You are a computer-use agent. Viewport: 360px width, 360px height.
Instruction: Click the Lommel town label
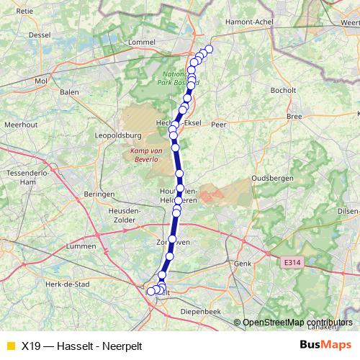point(141,42)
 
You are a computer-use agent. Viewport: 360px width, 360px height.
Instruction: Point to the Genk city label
point(243,264)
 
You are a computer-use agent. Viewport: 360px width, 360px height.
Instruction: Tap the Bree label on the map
point(294,116)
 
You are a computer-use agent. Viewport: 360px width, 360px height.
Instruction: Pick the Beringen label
point(99,194)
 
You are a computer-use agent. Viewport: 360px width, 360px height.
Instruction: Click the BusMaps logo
point(326,346)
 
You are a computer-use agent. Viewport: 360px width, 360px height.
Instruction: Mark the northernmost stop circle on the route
point(210,49)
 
